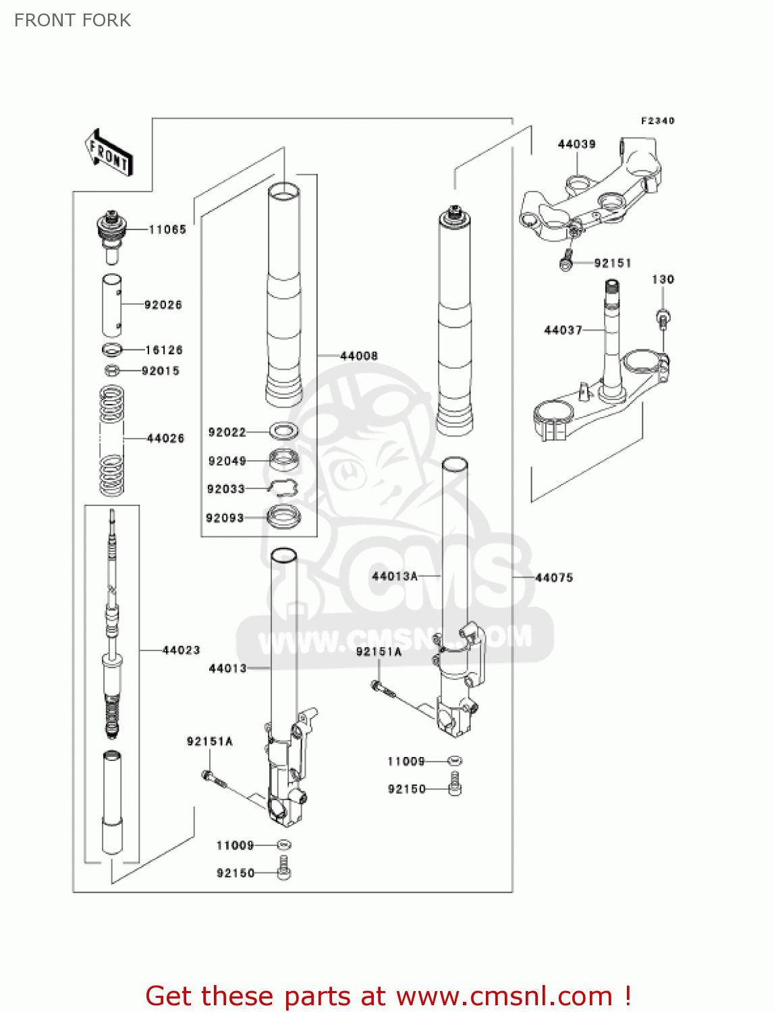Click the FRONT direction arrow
coord(108,154)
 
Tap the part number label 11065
coord(167,230)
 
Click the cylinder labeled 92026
coord(112,305)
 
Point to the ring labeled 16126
coord(112,349)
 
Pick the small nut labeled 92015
coord(113,370)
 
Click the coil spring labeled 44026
coord(112,439)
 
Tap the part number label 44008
coord(359,356)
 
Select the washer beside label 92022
coord(283,430)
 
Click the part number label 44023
coord(182,650)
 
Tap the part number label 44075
coord(554,578)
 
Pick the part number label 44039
coord(577,144)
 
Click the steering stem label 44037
coord(563,330)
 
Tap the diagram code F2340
coord(657,121)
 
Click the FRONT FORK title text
coord(73,20)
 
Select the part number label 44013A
coord(395,576)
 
